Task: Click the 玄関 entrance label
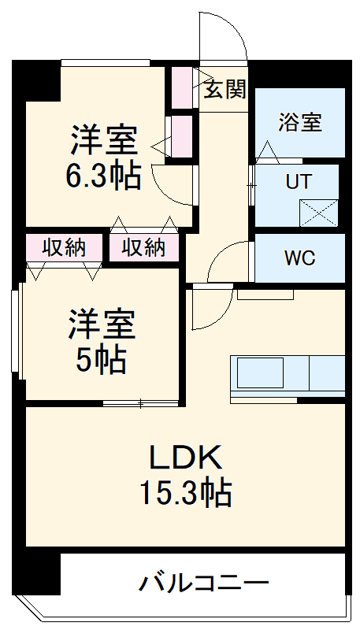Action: click(x=225, y=89)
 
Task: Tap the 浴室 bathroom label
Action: click(x=300, y=122)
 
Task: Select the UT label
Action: click(x=297, y=182)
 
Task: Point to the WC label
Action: click(x=300, y=258)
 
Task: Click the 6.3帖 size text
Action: click(x=103, y=177)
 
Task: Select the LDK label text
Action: click(x=187, y=457)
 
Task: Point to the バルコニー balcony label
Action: click(x=205, y=584)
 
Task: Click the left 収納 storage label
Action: click(x=64, y=247)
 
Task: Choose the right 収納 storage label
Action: click(x=143, y=247)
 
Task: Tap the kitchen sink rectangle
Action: click(x=260, y=373)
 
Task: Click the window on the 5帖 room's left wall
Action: click(x=15, y=331)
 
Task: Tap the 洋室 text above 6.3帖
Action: click(x=104, y=143)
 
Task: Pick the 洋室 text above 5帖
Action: click(x=101, y=324)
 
